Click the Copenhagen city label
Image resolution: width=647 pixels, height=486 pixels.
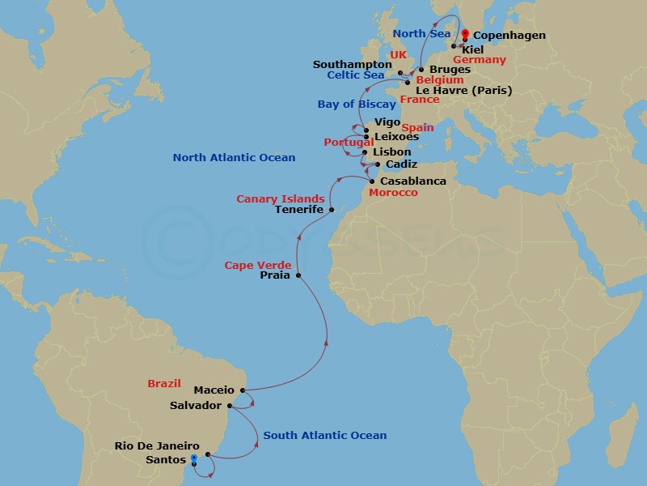click(x=509, y=36)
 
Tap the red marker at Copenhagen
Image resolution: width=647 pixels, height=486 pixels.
click(x=465, y=33)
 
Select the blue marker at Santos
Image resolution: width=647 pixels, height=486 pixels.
click(x=192, y=459)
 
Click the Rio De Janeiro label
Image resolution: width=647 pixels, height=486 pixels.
click(x=157, y=446)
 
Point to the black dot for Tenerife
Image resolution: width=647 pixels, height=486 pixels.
click(x=332, y=209)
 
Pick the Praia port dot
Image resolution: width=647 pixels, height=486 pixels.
click(x=298, y=275)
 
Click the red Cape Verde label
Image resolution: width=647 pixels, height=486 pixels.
click(x=258, y=266)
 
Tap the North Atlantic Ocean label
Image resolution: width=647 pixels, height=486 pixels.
click(x=234, y=158)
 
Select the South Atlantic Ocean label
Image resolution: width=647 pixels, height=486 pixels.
click(x=325, y=436)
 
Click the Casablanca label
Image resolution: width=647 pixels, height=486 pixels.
click(x=412, y=181)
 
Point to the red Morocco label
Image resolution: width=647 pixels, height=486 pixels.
click(x=393, y=193)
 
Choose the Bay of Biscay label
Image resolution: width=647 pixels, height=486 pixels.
click(x=357, y=104)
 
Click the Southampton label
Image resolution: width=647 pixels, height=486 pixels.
click(x=355, y=65)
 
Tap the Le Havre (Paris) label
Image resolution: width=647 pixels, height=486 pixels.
click(x=463, y=91)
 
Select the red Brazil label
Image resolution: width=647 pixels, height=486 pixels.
click(x=164, y=384)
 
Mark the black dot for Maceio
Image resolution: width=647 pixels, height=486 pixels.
click(x=243, y=390)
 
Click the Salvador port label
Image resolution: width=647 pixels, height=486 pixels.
click(x=196, y=405)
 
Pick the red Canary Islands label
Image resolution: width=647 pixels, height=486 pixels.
click(x=280, y=199)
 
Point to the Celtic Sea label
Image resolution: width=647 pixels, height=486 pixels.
click(x=356, y=75)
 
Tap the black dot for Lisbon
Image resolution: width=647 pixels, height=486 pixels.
click(x=365, y=152)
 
